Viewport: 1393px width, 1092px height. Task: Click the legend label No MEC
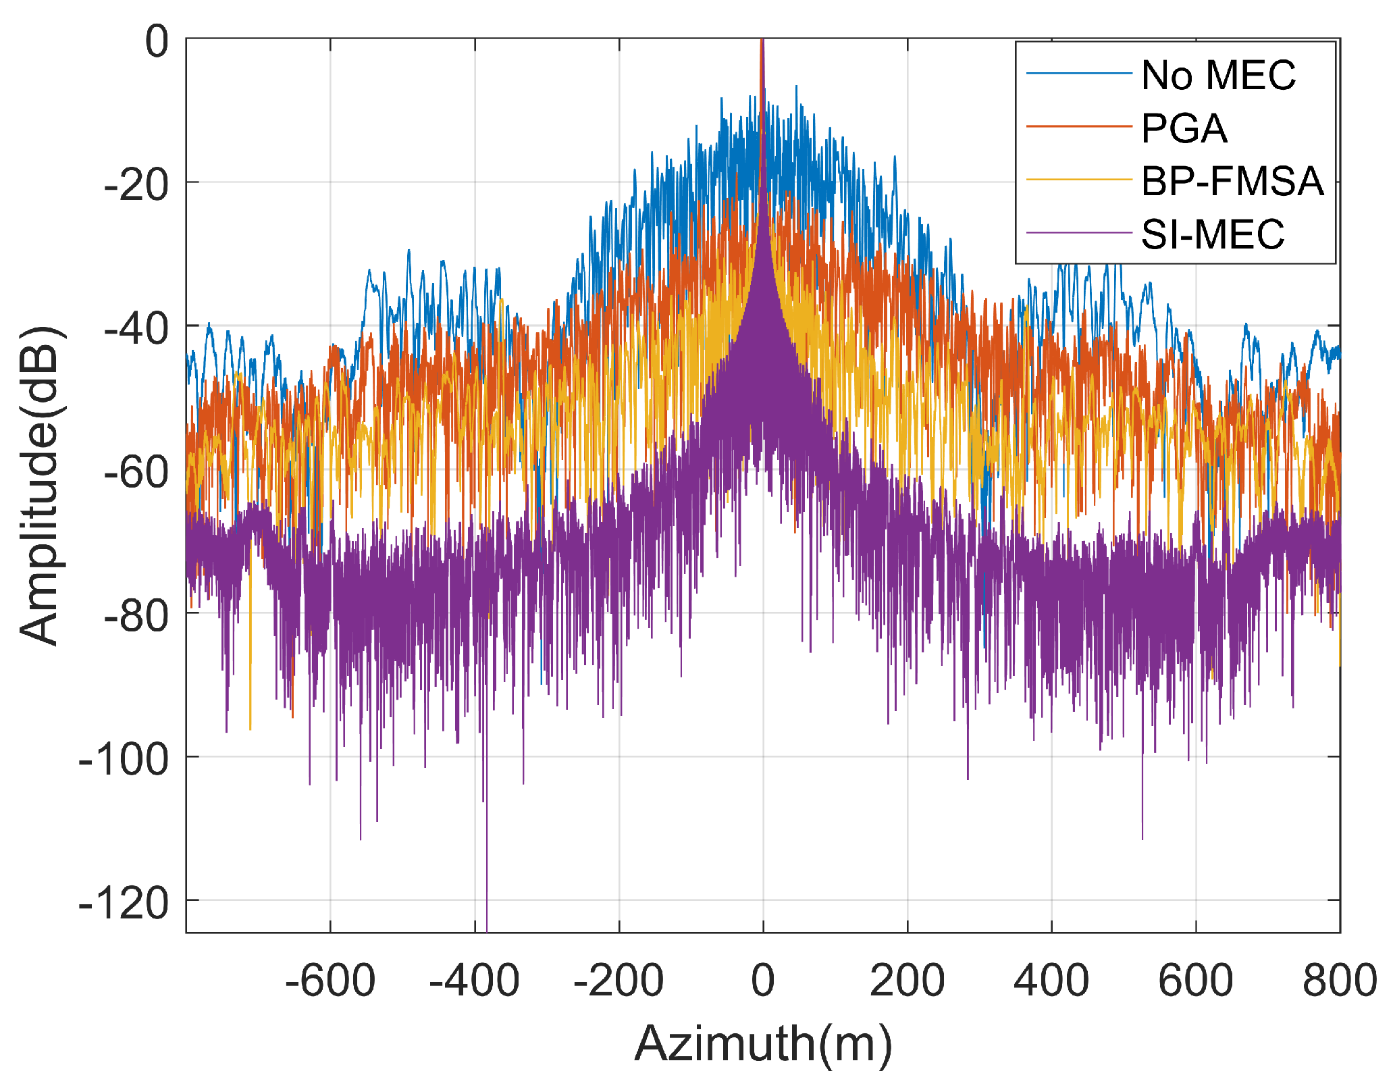pyautogui.click(x=1218, y=75)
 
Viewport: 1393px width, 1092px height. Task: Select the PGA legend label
pyautogui.click(x=1184, y=128)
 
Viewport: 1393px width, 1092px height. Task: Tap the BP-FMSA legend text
pyautogui.click(x=1232, y=181)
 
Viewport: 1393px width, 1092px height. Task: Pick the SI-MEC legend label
pyautogui.click(x=1213, y=234)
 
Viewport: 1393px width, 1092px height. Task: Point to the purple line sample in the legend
pyautogui.click(x=1078, y=233)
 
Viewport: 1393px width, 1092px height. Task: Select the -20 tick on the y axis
pyautogui.click(x=137, y=184)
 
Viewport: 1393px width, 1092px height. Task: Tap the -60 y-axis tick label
pyautogui.click(x=137, y=471)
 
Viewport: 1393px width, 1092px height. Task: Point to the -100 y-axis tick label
pyautogui.click(x=124, y=759)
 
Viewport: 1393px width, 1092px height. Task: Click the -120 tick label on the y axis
pyautogui.click(x=124, y=902)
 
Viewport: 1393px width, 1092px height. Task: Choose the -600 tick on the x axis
pyautogui.click(x=330, y=980)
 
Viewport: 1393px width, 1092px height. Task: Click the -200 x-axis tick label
pyautogui.click(x=619, y=980)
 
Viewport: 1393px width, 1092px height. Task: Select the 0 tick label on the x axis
pyautogui.click(x=763, y=980)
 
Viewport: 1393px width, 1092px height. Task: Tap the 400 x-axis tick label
pyautogui.click(x=1051, y=980)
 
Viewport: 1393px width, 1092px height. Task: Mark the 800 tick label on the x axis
pyautogui.click(x=1339, y=980)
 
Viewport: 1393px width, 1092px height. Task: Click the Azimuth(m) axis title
pyautogui.click(x=763, y=1043)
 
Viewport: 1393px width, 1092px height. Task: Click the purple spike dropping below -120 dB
pyautogui.click(x=486, y=918)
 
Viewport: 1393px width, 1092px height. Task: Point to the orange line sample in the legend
pyautogui.click(x=1078, y=126)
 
